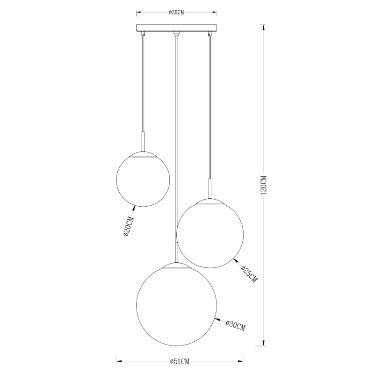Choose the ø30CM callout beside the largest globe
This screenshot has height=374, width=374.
pos(236,324)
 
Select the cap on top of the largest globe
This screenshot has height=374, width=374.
pos(176,265)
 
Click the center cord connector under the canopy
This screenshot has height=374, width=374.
pos(176,34)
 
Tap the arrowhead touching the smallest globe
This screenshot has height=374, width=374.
pos(135,207)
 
